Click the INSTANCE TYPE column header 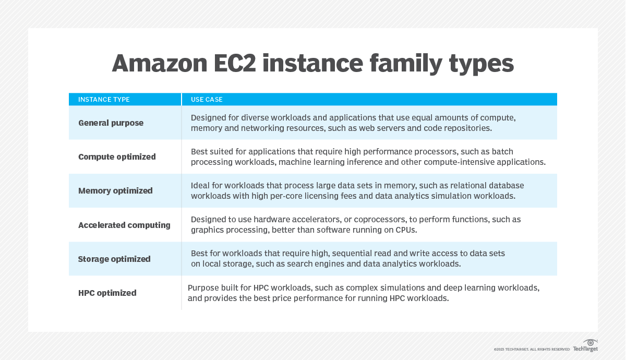104,100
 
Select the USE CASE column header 207,100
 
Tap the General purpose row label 111,123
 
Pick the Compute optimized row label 117,157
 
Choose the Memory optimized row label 115,191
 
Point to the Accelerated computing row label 124,225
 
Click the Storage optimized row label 114,259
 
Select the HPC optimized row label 107,293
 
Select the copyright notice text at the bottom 532,349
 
